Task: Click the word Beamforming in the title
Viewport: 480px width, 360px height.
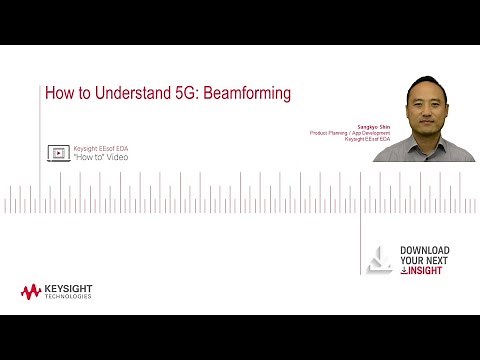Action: pos(240,93)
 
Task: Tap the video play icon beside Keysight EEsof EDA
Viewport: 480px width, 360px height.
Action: pos(58,153)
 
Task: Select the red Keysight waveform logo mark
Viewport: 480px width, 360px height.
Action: pos(31,291)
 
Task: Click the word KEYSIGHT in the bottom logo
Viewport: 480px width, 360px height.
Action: pos(69,288)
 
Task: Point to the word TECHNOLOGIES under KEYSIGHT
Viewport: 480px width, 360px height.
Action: pos(69,296)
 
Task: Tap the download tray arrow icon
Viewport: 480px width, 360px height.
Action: pos(380,259)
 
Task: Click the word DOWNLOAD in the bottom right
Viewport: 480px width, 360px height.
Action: pos(424,250)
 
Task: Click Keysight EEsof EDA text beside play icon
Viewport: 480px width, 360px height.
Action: pos(101,148)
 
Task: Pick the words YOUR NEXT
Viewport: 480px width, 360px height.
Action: pos(424,261)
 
